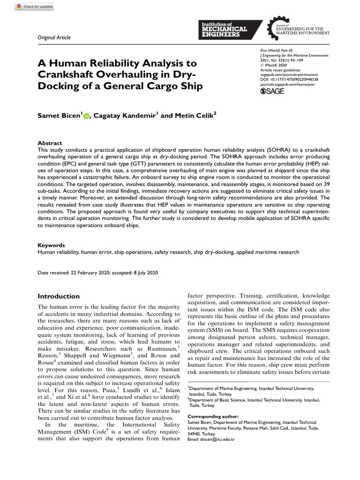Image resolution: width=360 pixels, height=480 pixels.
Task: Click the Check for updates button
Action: [35, 7]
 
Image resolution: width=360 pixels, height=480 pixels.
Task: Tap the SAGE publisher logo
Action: [272, 91]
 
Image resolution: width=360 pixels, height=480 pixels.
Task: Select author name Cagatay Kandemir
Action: [124, 115]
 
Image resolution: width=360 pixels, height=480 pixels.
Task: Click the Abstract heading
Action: [49, 143]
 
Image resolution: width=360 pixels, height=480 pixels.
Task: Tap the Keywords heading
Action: [51, 245]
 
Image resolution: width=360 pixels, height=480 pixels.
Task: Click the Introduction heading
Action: [59, 296]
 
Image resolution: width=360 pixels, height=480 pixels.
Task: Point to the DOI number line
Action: [289, 79]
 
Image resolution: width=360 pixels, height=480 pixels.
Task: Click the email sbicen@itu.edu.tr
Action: [211, 439]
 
